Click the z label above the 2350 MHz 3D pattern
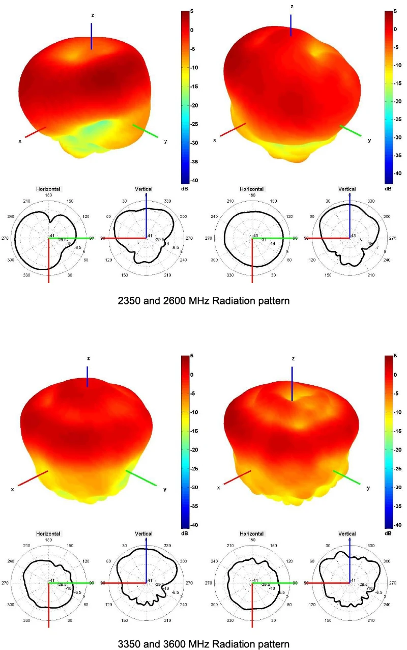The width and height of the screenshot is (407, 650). [92, 15]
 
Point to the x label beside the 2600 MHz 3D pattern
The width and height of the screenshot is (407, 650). [215, 140]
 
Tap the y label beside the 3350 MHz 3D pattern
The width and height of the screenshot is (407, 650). [164, 489]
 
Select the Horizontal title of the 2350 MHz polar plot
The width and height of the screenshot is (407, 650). [48, 189]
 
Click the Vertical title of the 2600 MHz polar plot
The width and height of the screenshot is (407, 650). [347, 189]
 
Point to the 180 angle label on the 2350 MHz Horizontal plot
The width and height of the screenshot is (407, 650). [49, 195]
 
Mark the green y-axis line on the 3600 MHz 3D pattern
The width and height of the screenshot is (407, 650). [347, 477]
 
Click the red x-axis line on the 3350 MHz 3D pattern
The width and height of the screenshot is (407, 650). [33, 478]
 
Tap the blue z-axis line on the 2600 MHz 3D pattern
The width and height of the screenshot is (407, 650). [291, 25]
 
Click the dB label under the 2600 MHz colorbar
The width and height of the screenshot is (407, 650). [388, 189]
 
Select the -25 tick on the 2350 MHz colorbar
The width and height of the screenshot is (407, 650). [195, 124]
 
